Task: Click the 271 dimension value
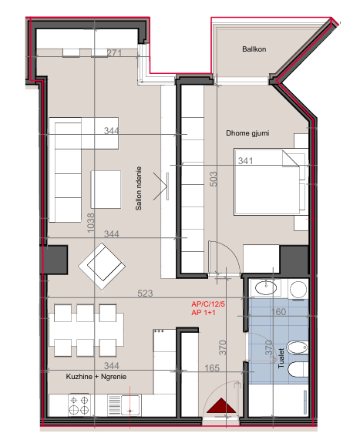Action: (116, 53)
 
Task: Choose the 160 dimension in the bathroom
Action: (278, 313)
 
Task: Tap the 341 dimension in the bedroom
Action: (245, 162)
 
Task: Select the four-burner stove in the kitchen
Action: (78, 402)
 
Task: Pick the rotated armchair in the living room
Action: (102, 263)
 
